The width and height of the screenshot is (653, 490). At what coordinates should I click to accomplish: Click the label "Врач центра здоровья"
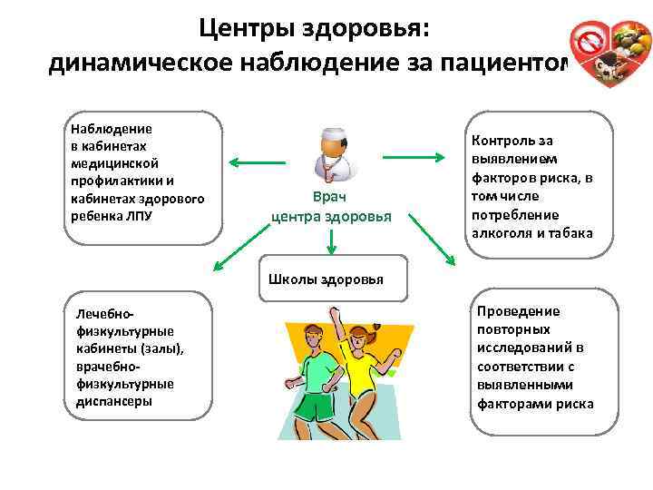(331, 206)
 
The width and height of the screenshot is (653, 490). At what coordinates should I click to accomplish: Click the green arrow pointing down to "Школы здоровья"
(333, 241)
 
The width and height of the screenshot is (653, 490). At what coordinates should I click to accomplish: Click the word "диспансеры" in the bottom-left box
(115, 400)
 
